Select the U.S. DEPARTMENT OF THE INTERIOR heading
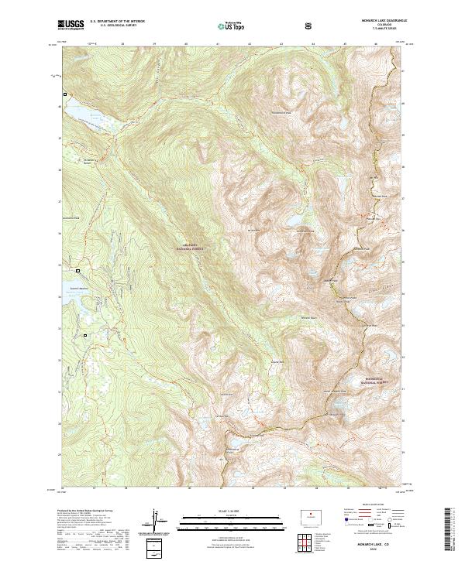(x=118, y=22)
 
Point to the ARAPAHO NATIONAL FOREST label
(x=186, y=247)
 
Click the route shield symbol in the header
(x=311, y=26)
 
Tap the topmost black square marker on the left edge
(x=65, y=94)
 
